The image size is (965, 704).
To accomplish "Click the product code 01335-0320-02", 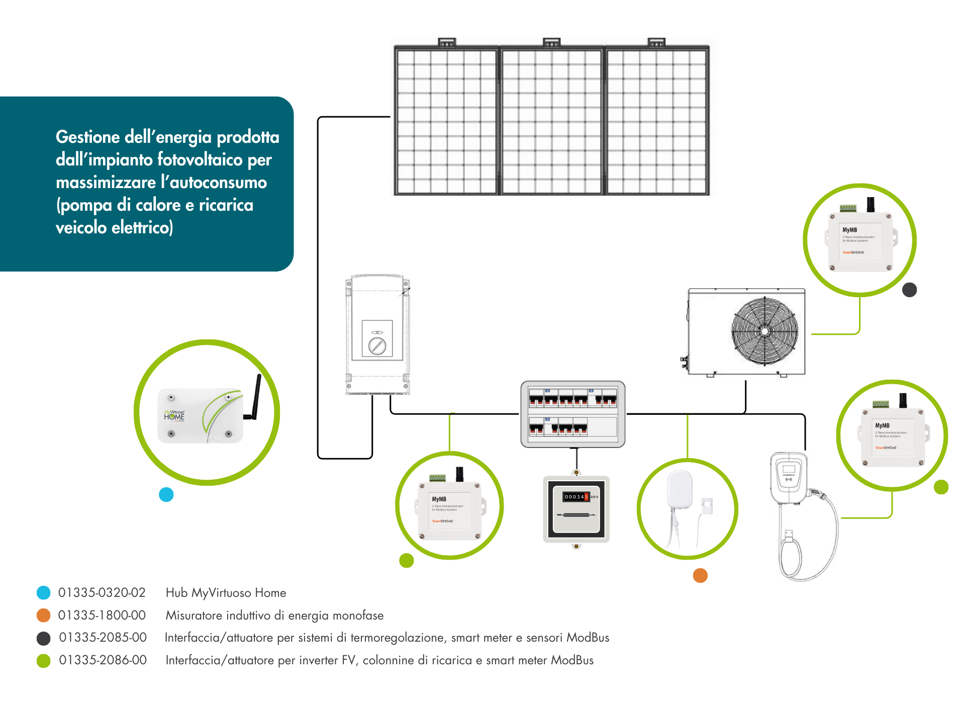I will point(102,593).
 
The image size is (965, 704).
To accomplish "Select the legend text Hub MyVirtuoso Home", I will point(226,593).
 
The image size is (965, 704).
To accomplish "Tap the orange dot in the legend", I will point(44,615).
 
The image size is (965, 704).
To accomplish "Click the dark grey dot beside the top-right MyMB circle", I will point(909,290).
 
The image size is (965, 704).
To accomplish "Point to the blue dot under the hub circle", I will point(166,495).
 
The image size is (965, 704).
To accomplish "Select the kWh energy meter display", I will point(576,497).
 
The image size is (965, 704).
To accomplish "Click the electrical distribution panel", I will point(573,414).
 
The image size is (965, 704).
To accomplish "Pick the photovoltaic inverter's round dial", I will point(377,345).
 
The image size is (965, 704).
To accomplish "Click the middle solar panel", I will point(551,120).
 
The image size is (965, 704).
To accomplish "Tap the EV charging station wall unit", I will point(789,478).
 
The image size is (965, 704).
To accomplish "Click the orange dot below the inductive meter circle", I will point(700,575).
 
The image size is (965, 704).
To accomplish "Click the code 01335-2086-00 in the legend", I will point(103,660).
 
